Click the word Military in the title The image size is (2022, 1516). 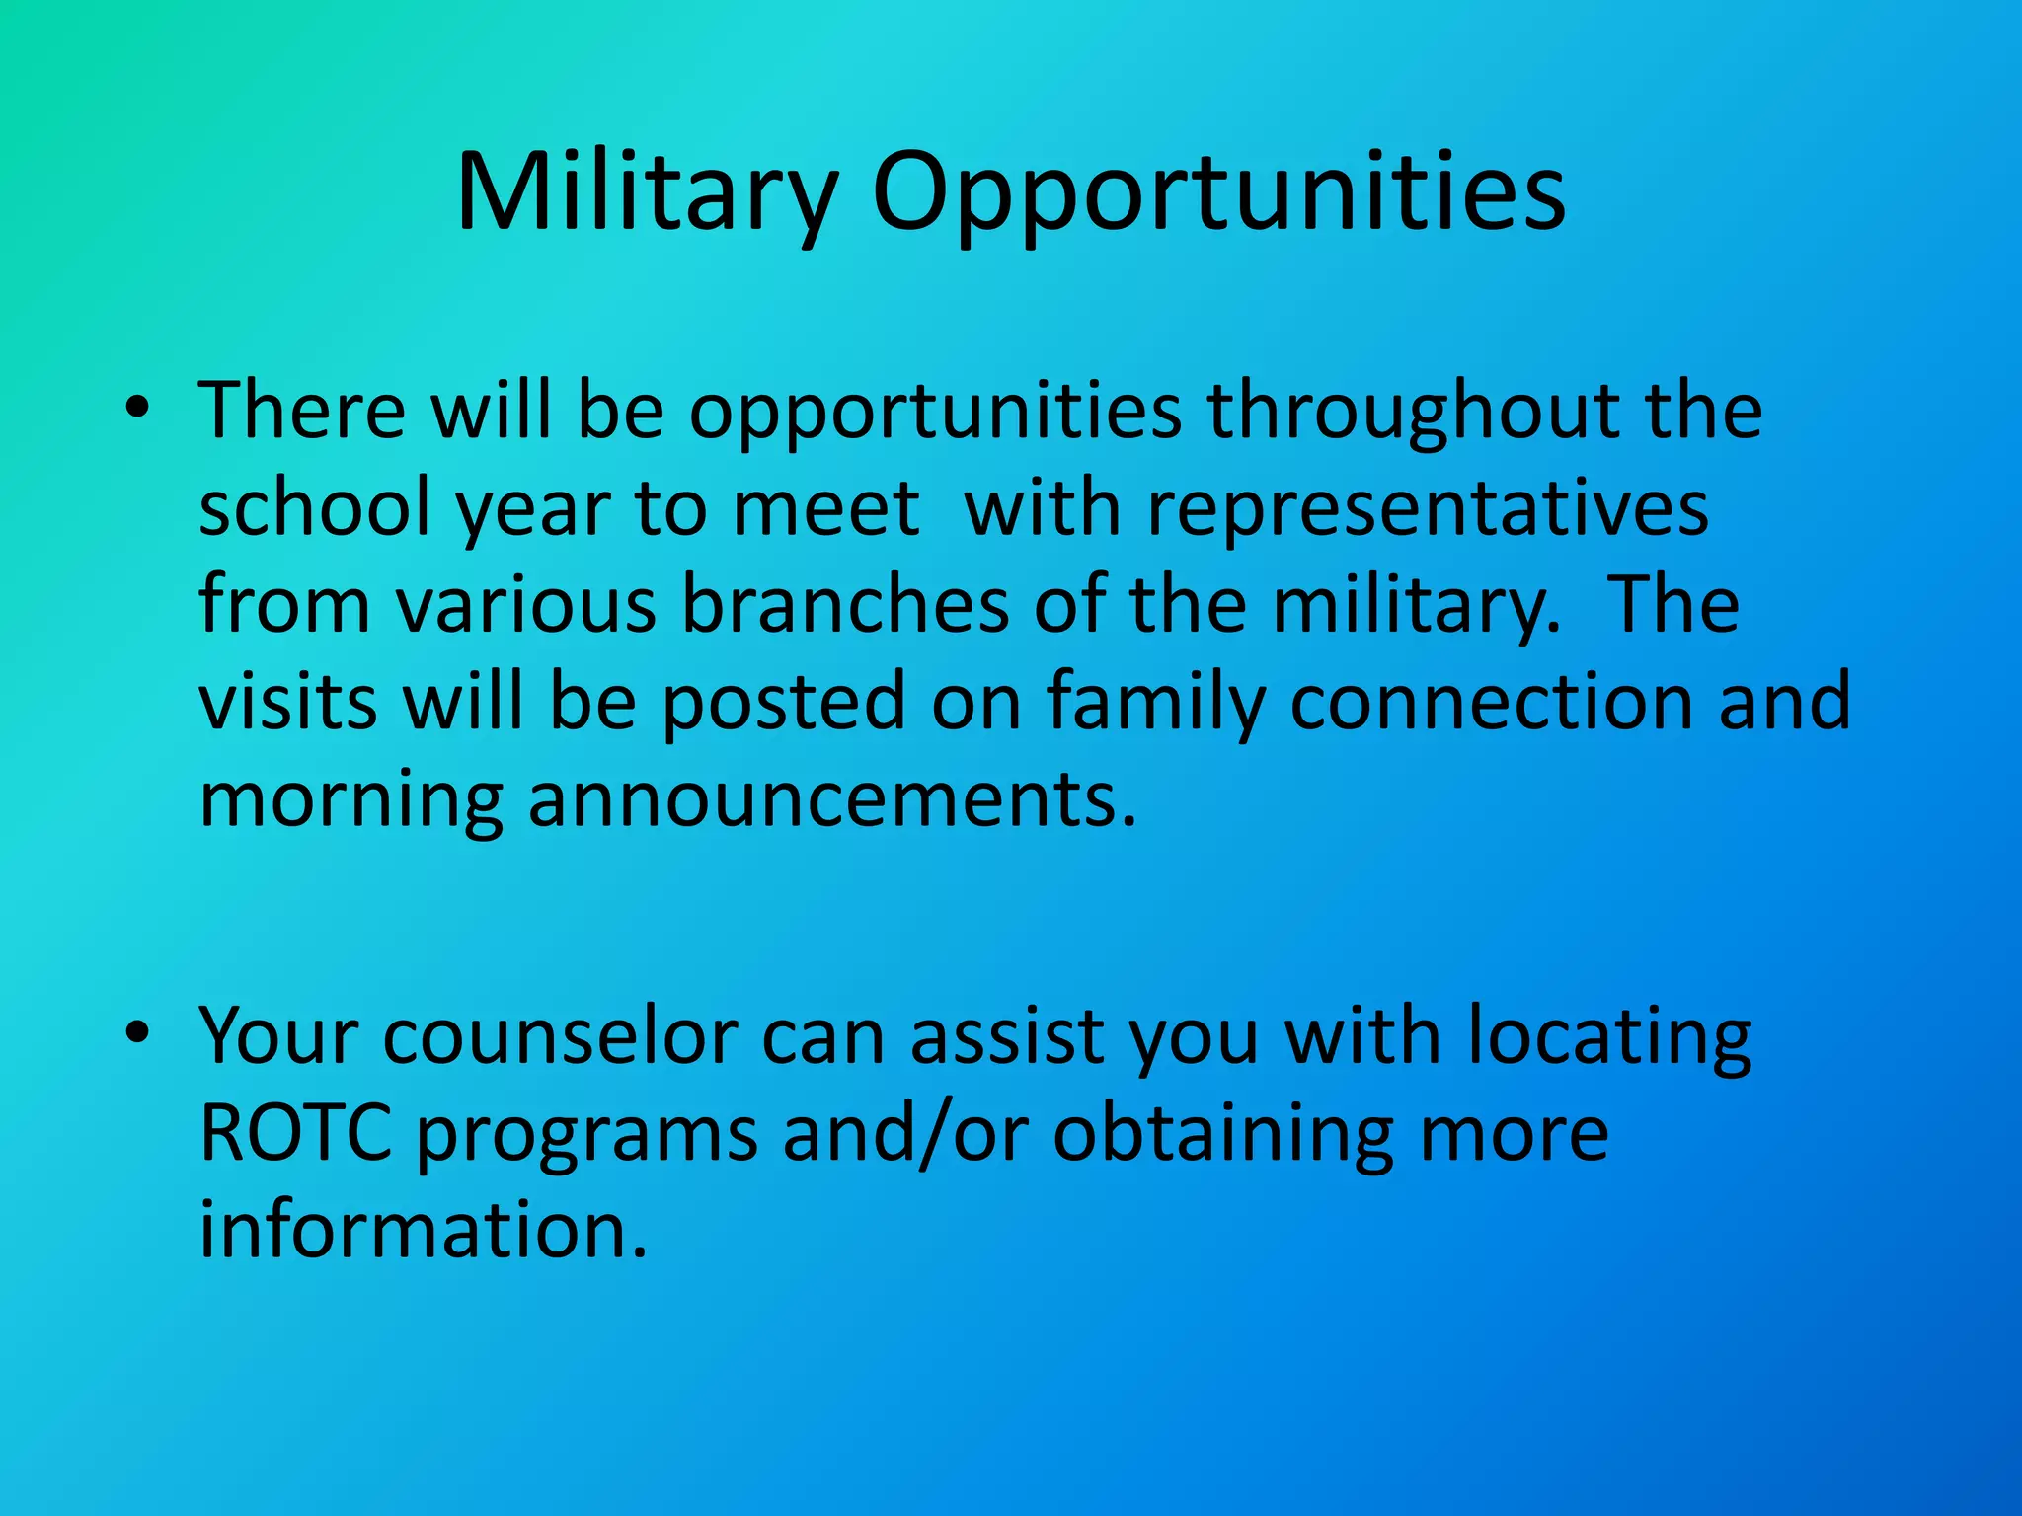(x=647, y=192)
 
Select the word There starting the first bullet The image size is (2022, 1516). (x=302, y=409)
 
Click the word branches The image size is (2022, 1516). (x=845, y=604)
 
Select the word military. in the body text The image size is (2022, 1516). (x=1417, y=604)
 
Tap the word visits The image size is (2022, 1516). (x=288, y=701)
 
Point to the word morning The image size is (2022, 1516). (x=350, y=799)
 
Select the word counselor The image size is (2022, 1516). (x=560, y=1036)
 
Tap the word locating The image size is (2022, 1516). (x=1608, y=1036)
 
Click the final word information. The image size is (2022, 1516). (x=423, y=1230)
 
